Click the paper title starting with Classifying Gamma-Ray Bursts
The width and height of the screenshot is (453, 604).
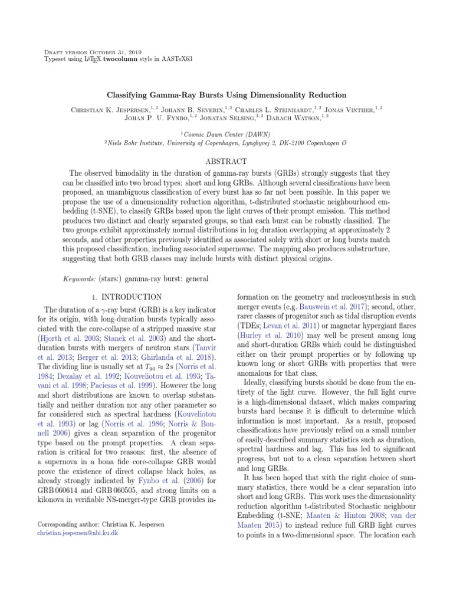tap(226, 95)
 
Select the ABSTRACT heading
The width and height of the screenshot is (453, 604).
tap(226, 161)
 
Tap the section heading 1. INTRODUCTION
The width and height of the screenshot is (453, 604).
tap(128, 296)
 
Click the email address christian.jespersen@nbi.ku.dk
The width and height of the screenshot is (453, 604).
tap(77, 533)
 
